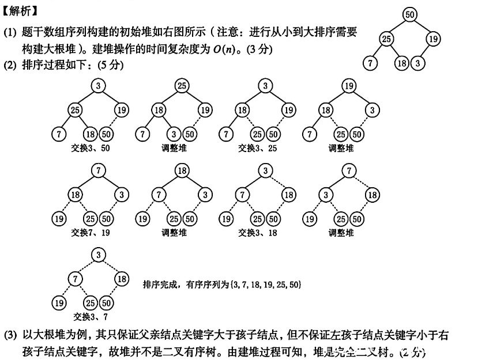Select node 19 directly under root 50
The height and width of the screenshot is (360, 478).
pyautogui.click(x=434, y=39)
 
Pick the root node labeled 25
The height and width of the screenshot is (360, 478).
pyautogui.click(x=182, y=86)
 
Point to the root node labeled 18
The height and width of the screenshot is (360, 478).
pyautogui.click(x=182, y=170)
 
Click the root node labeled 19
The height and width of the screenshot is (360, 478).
pyautogui.click(x=348, y=86)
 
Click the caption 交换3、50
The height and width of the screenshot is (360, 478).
pyautogui.click(x=89, y=148)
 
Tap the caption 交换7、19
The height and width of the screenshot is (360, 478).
pyautogui.click(x=89, y=233)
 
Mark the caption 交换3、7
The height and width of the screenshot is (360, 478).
pyautogui.click(x=89, y=316)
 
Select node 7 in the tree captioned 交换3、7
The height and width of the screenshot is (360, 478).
pyautogui.click(x=74, y=279)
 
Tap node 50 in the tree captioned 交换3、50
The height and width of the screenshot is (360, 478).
pyautogui.click(x=106, y=134)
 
